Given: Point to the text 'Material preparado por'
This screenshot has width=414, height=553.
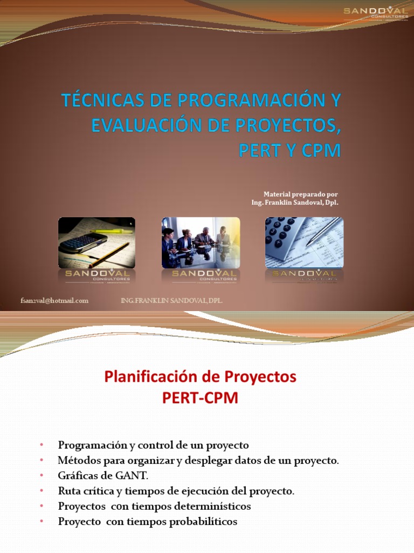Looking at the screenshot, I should (x=301, y=194).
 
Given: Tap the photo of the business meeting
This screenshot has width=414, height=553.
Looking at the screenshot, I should (x=201, y=242).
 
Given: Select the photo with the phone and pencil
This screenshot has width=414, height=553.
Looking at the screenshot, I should (x=96, y=242).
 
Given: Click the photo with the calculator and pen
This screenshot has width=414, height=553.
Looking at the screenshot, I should (x=304, y=242).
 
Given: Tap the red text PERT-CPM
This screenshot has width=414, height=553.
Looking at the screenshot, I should (x=200, y=399).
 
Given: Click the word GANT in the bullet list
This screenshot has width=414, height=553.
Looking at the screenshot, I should (x=133, y=476).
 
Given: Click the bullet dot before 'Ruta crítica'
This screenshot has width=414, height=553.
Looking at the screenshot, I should (x=41, y=491).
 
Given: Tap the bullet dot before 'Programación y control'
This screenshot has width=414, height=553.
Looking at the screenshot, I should (x=41, y=446).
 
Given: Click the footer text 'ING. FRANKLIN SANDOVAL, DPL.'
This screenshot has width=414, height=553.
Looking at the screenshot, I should (x=172, y=301).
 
